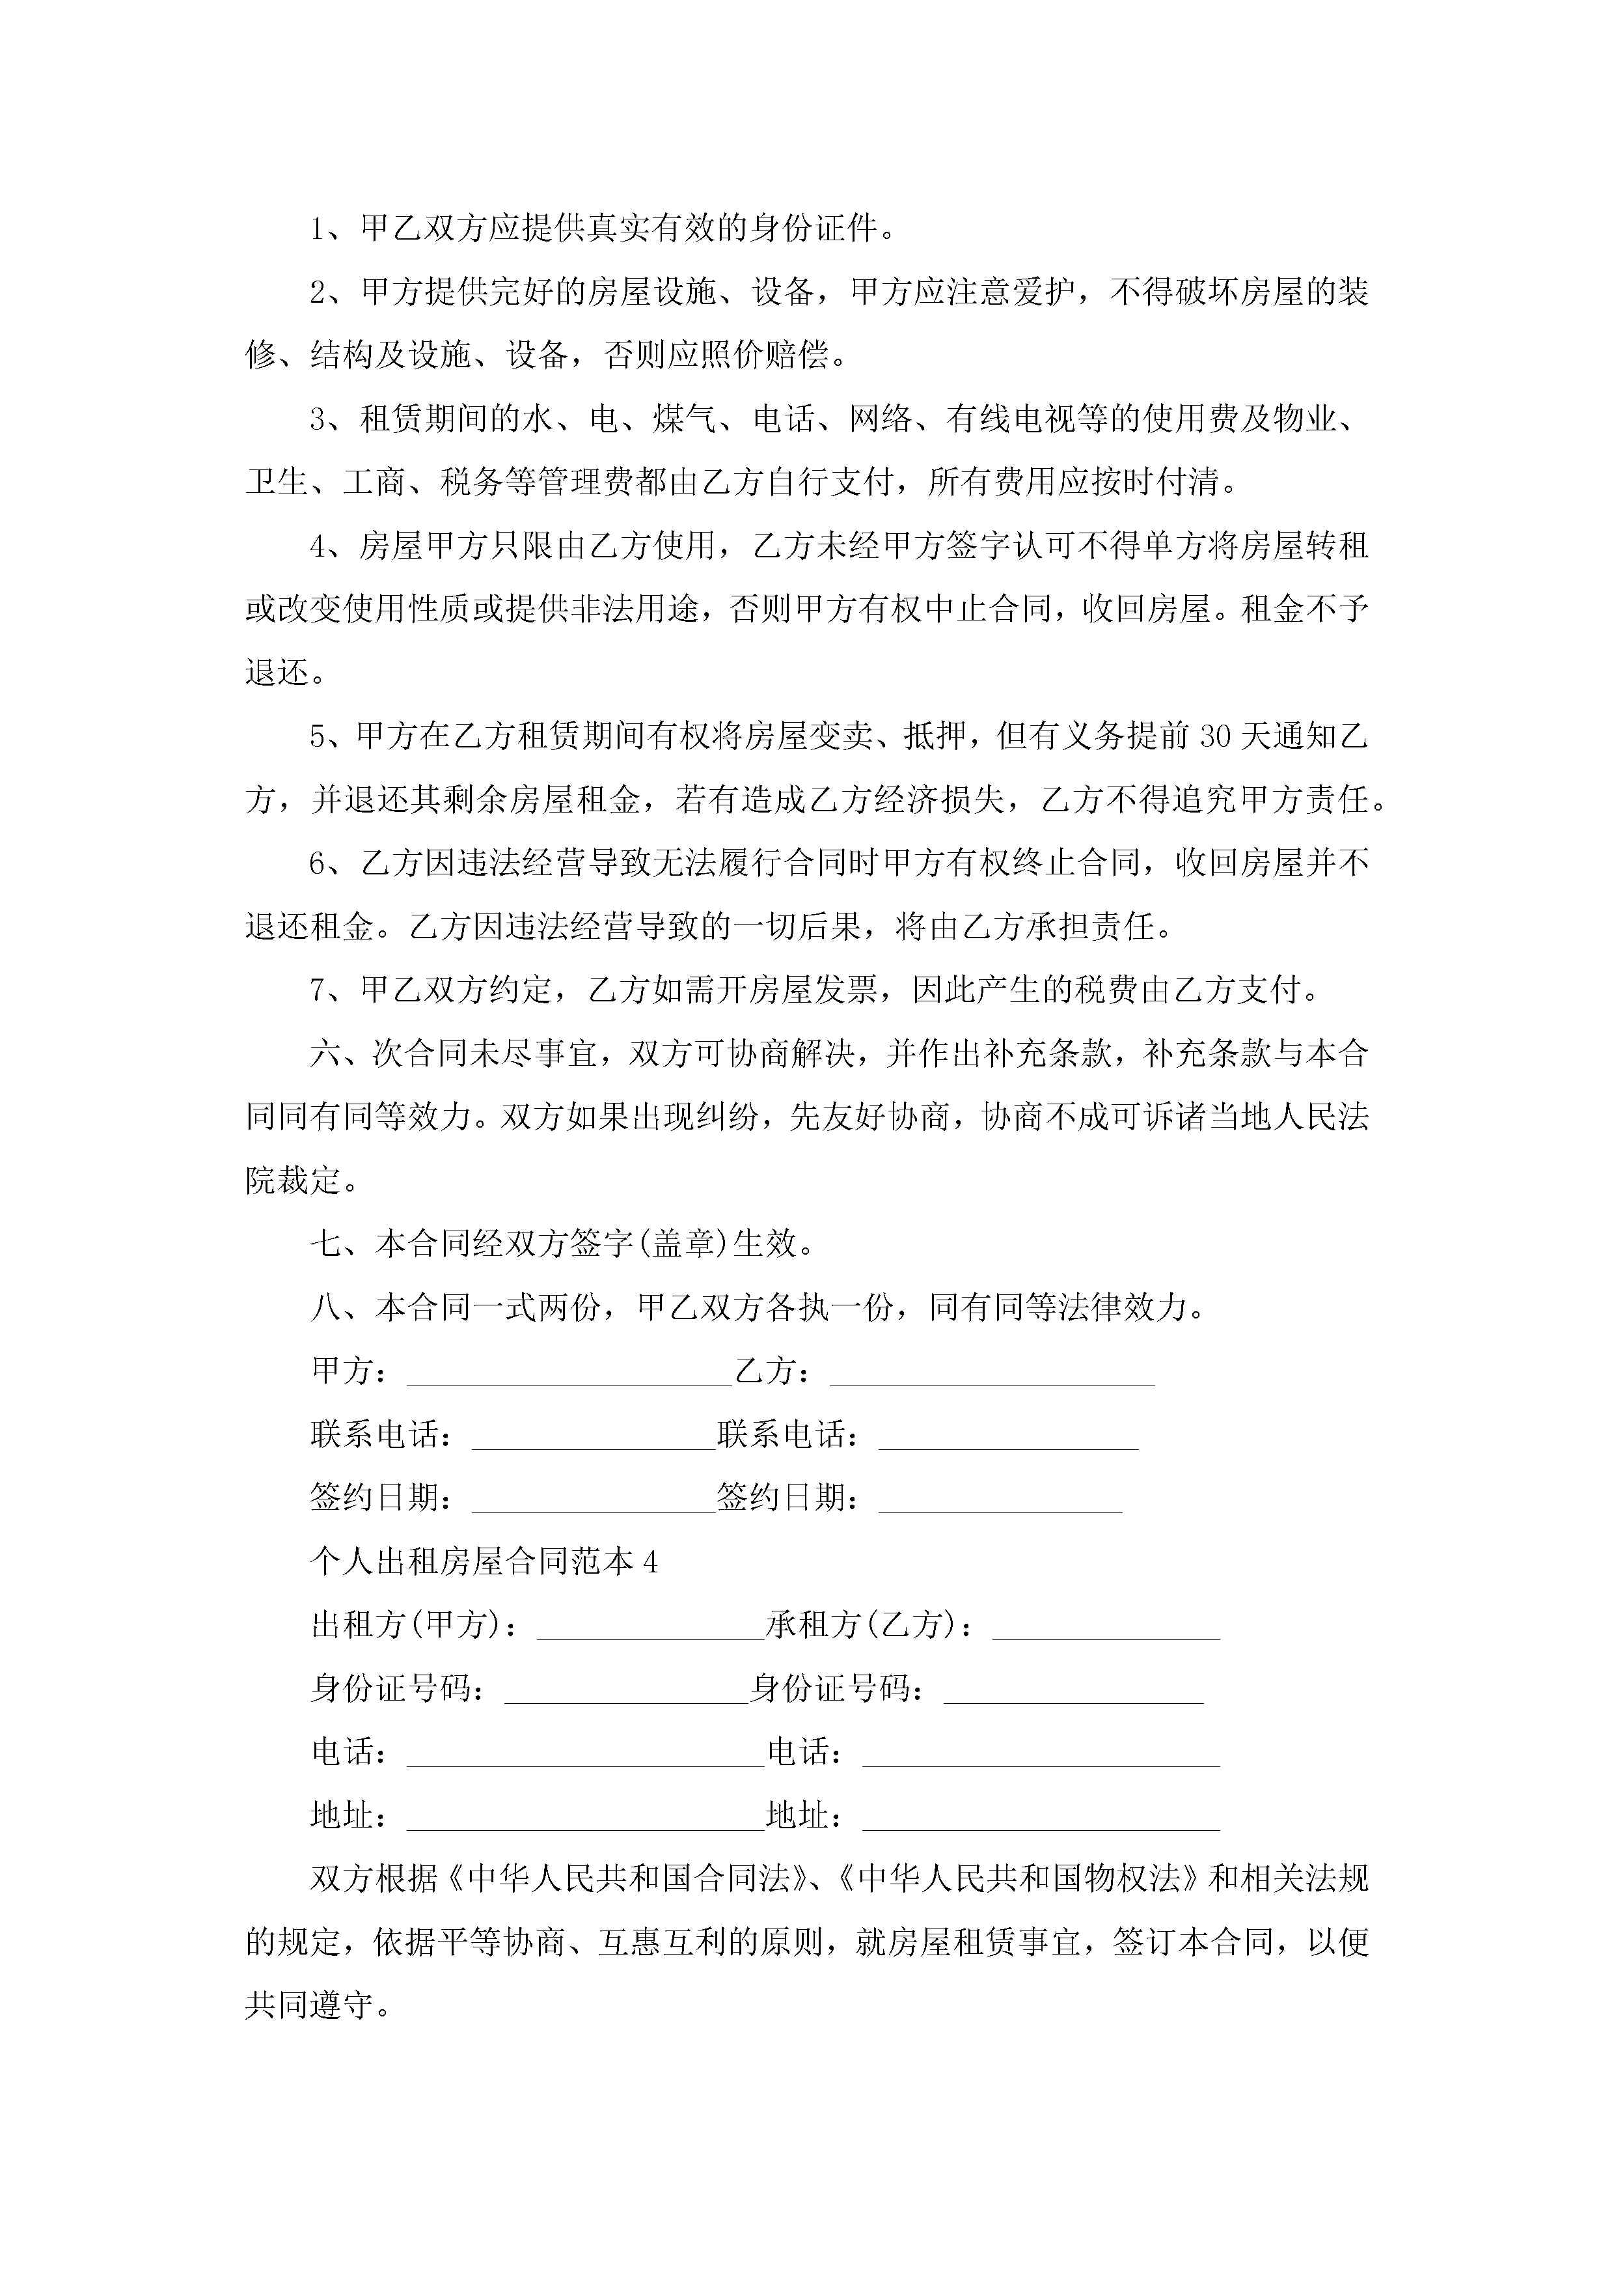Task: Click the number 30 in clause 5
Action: (1215, 737)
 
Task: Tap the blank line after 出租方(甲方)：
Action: (650, 1626)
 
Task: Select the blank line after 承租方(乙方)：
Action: (1105, 1626)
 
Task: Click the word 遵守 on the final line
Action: (341, 2007)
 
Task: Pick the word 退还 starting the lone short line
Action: (277, 673)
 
